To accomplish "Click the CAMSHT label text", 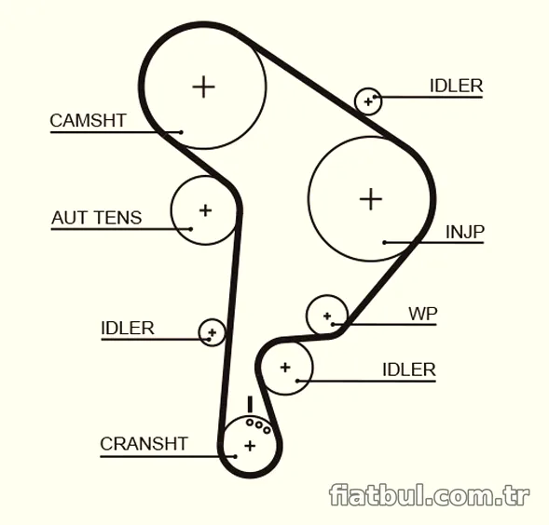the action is tap(88, 121).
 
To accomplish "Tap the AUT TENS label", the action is tap(97, 218).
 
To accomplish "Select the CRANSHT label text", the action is tap(144, 444).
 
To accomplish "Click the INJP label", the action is tap(465, 232).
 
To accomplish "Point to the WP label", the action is tap(423, 314).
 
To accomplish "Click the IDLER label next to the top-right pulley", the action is tap(456, 86).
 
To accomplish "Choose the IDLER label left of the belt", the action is tap(128, 328).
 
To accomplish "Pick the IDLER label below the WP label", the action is tap(409, 370).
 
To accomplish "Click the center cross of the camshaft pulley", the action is tap(203, 87).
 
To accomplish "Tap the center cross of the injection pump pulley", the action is tap(371, 199).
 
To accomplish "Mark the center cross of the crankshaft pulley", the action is tap(250, 446).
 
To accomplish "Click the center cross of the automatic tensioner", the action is tap(205, 210).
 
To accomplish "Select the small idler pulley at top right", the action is tap(368, 101).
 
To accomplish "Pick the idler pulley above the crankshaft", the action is tap(311, 368).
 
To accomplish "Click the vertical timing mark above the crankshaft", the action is tap(250, 404).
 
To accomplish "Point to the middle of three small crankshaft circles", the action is tap(259, 425).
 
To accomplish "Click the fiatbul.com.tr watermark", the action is tap(430, 494).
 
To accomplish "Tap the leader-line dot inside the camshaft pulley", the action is tap(181, 132).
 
